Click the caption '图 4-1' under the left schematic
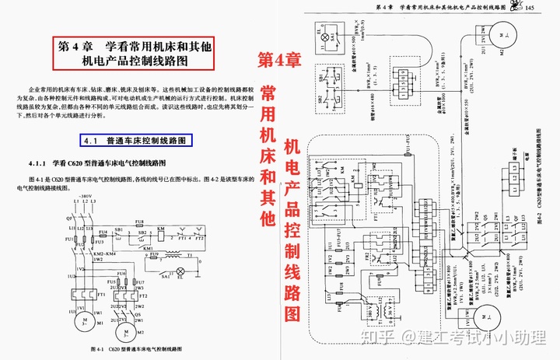coord(100,349)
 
